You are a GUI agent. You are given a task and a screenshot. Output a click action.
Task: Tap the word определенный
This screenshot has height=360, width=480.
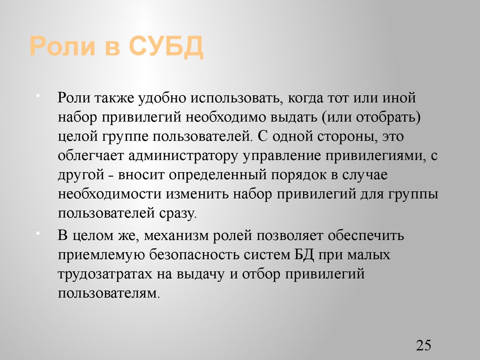pyautogui.click(x=219, y=175)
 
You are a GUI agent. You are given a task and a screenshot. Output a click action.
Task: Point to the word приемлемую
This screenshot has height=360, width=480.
pyautogui.click(x=100, y=255)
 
